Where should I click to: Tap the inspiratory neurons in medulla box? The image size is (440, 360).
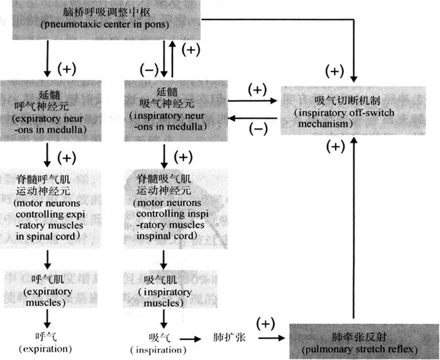click(x=165, y=111)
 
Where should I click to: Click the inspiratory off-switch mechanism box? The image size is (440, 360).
click(x=356, y=111)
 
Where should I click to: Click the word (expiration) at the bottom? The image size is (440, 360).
click(x=46, y=348)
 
